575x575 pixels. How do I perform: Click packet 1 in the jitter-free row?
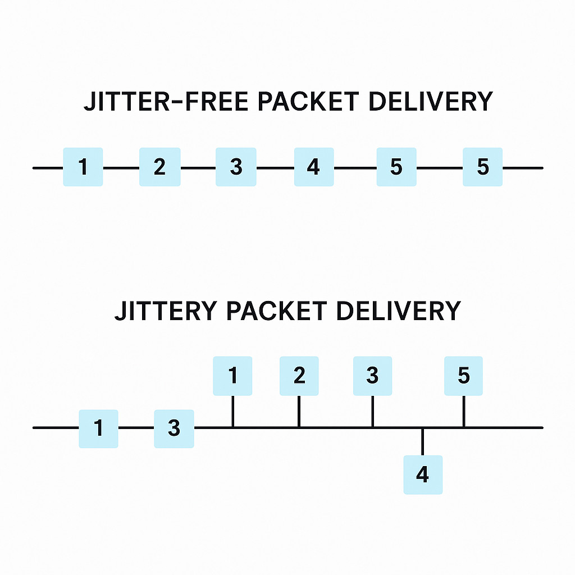point(83,167)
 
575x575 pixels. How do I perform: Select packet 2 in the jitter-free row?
point(160,167)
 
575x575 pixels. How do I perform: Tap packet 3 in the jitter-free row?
point(236,167)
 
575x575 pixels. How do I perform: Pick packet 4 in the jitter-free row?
point(314,167)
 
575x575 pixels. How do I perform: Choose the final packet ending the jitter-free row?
point(482,167)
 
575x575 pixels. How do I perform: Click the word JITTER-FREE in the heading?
point(163,102)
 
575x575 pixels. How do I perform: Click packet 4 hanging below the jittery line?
point(423,474)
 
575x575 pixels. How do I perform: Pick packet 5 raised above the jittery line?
point(463,376)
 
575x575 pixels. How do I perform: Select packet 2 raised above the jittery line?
point(299,376)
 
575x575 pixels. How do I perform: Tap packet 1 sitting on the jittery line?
point(98,428)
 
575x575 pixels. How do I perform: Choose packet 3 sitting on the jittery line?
point(174,428)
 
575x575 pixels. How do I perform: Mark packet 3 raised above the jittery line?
point(372,376)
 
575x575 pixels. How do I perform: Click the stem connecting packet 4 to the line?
point(423,442)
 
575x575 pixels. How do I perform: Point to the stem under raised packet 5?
point(463,411)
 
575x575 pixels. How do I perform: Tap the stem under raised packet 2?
point(299,411)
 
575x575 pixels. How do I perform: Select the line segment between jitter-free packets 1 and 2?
point(121,167)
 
